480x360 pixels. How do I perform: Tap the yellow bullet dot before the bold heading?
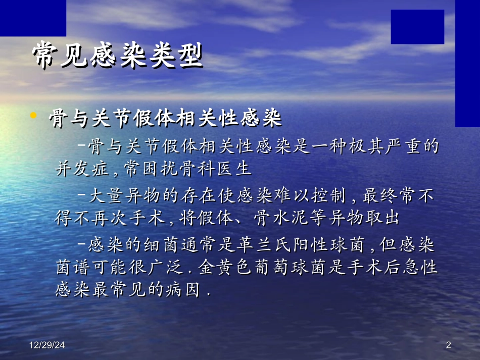click(x=33, y=116)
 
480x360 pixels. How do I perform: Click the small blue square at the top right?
click(x=417, y=26)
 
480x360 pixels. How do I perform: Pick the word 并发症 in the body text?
click(x=81, y=168)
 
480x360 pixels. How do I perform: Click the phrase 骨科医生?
click(x=218, y=168)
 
